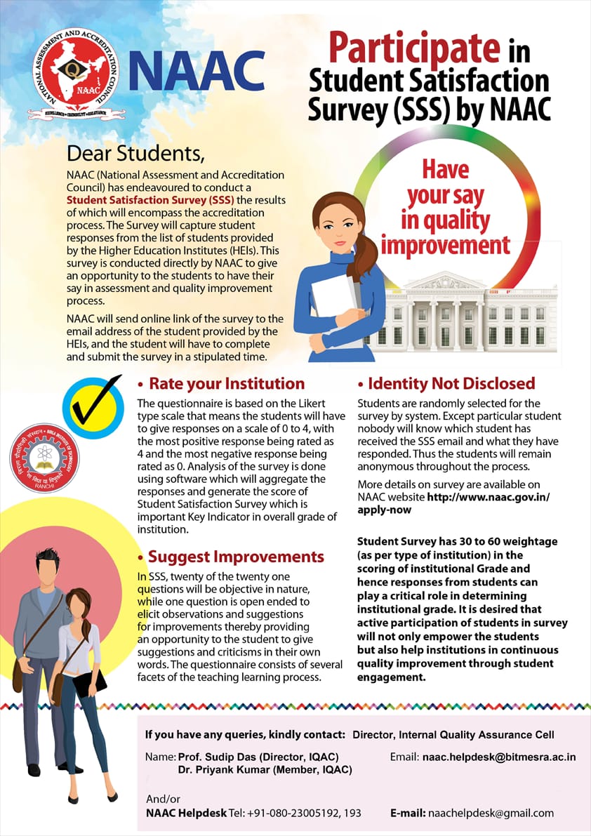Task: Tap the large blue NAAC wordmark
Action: [197, 73]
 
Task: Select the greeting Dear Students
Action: [136, 153]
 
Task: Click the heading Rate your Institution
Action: [227, 384]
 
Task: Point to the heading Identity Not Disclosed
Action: [451, 383]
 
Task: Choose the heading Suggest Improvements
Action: [236, 557]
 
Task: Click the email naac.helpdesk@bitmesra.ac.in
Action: [499, 757]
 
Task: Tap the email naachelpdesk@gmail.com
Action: [491, 813]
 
